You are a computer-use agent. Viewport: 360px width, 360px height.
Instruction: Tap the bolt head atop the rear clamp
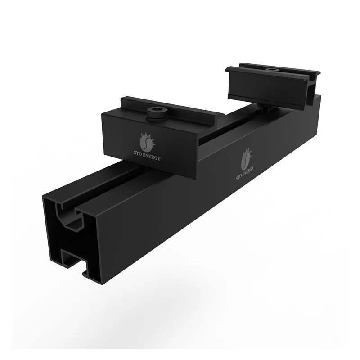click(271, 69)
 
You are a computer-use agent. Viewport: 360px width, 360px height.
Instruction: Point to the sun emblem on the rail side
click(246, 157)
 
